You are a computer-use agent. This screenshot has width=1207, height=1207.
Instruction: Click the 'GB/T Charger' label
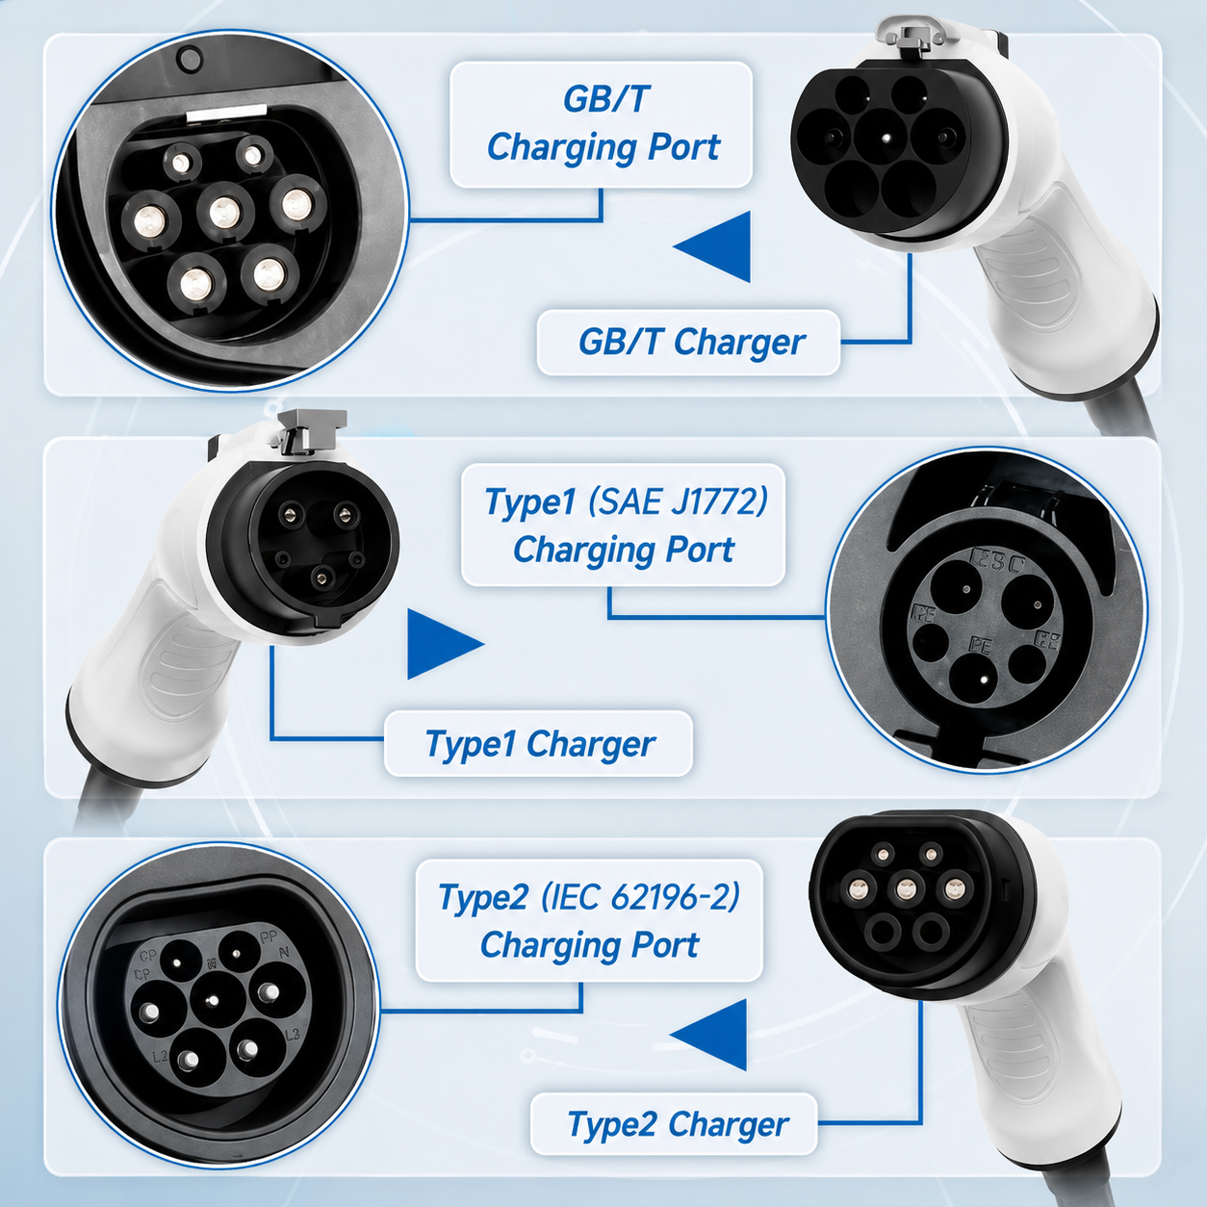click(x=691, y=343)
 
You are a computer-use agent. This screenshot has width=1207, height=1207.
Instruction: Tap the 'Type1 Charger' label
click(x=540, y=744)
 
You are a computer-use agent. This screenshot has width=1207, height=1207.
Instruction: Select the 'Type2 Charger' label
click(x=678, y=1124)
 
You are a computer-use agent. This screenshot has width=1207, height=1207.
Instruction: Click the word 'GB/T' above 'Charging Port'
click(x=605, y=99)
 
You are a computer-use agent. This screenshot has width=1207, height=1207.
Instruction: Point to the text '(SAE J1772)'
click(x=678, y=501)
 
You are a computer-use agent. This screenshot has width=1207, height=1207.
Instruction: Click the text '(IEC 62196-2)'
click(x=640, y=896)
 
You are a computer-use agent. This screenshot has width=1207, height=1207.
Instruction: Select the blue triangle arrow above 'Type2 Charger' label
click(x=708, y=1035)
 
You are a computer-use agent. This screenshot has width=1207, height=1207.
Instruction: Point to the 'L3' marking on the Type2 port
click(x=292, y=1034)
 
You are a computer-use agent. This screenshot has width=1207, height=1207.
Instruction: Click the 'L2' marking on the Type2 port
click(x=161, y=1057)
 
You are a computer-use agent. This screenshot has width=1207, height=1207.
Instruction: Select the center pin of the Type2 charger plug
click(x=906, y=888)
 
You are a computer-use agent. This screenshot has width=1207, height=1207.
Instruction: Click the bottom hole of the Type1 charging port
click(x=980, y=679)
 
